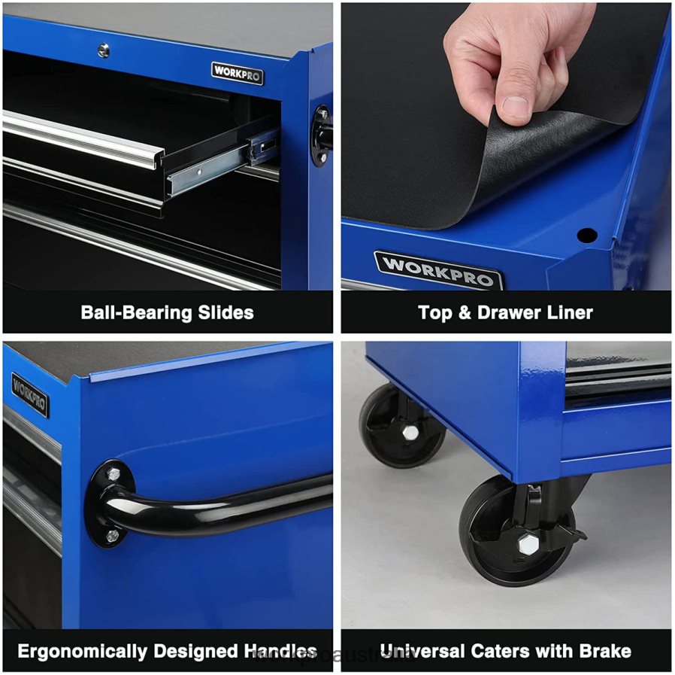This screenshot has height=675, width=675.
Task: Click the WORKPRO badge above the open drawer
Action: coord(238,73)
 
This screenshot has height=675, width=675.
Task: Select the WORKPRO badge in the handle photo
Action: coord(30,395)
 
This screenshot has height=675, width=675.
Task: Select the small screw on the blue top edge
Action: coord(104,50)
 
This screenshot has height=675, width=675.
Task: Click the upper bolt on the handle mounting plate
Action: coord(114,475)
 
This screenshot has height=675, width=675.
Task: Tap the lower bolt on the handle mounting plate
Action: coord(112,535)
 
